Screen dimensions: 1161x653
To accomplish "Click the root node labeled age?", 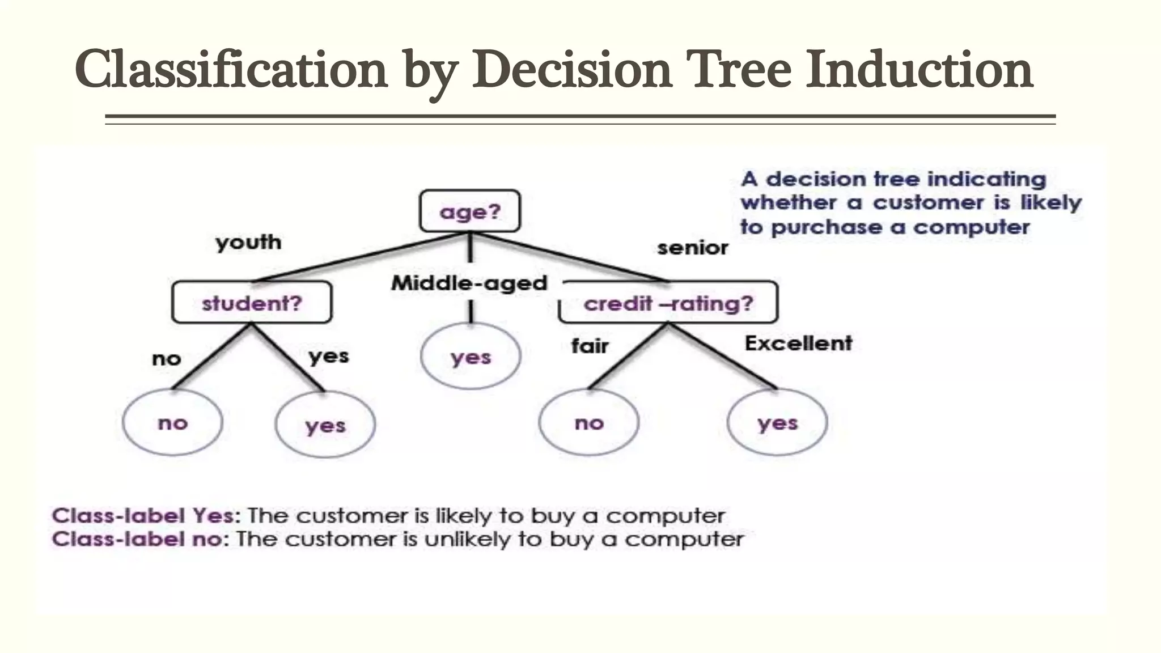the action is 470,211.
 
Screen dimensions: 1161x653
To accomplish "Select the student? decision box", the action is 252,303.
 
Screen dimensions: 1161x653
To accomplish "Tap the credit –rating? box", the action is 668,303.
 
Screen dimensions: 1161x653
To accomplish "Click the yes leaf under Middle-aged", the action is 471,357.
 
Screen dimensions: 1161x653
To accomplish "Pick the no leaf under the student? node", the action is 172,422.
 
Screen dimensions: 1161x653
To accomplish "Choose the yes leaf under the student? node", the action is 325,425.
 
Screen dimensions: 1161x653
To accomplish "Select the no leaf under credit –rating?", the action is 589,422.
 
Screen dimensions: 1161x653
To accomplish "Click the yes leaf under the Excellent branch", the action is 777,422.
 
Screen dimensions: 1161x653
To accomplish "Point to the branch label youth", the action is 248,243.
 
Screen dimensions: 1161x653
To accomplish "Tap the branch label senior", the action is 692,248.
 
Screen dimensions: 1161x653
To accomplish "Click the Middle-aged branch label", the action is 469,283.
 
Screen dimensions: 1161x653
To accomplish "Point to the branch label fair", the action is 590,346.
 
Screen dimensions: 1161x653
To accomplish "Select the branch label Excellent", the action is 798,343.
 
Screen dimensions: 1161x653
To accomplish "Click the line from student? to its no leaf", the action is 211,357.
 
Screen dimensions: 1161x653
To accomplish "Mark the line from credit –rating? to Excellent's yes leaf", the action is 723,357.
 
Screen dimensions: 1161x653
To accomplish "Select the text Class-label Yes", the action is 143,515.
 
